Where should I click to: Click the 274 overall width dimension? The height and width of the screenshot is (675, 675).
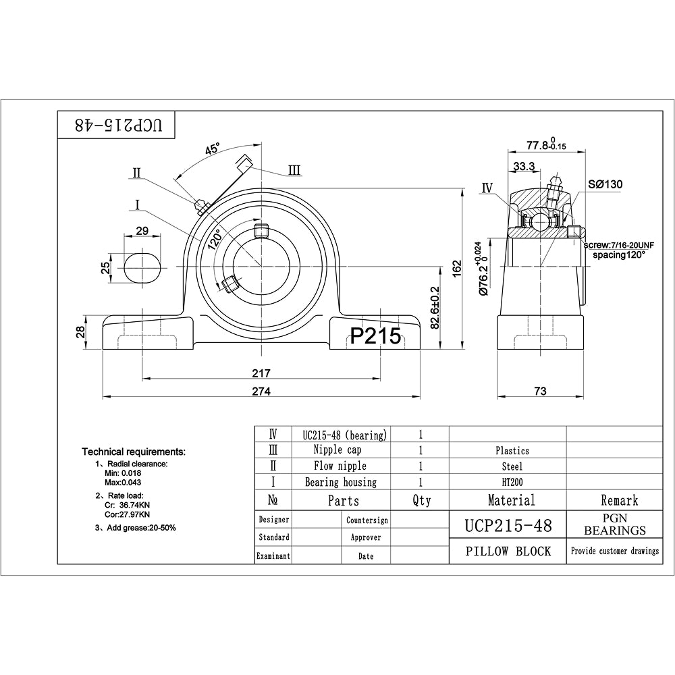[x=261, y=391]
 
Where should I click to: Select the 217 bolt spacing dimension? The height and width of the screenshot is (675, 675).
[x=261, y=373]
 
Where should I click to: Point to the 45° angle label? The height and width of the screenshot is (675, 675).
[x=212, y=150]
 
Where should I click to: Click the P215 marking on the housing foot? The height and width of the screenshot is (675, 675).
[x=375, y=335]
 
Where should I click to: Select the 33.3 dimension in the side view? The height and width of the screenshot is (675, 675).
[x=524, y=166]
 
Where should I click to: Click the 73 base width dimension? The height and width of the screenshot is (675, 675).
[x=540, y=391]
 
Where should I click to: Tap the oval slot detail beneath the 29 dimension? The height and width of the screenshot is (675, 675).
[x=142, y=267]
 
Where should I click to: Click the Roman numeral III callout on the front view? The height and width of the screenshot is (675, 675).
[x=294, y=170]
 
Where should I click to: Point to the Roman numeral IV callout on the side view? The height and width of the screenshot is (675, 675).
[x=488, y=188]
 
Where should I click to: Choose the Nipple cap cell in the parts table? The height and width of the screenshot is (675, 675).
[x=341, y=450]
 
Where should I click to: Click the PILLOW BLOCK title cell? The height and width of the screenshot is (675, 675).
[x=508, y=551]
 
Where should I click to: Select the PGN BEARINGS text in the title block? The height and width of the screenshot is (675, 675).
[x=614, y=524]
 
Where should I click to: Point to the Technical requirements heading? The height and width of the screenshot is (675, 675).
[x=134, y=451]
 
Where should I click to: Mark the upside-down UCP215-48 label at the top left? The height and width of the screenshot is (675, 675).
[x=117, y=125]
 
